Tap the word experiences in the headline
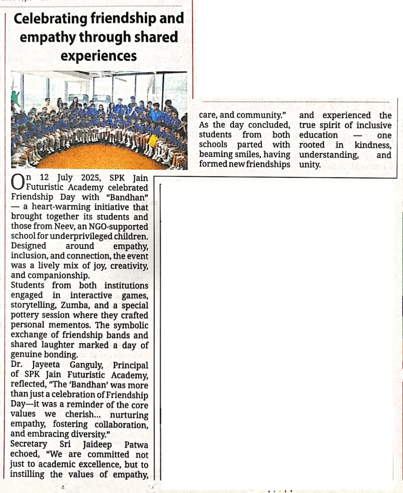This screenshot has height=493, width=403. [x=98, y=56]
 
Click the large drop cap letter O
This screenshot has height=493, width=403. [x=18, y=182]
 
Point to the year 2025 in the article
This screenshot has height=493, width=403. [x=91, y=178]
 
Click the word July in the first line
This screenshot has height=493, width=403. [x=65, y=178]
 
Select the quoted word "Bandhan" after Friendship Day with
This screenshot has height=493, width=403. [x=127, y=197]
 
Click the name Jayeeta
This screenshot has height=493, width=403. [x=46, y=365]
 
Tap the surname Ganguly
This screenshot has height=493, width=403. [x=86, y=365]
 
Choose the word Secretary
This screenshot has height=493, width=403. [x=29, y=444]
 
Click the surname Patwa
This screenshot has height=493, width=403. [x=136, y=445]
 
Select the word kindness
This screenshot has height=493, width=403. [x=373, y=145]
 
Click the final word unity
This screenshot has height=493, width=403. [x=310, y=164]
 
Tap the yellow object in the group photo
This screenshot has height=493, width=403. [x=153, y=141]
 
